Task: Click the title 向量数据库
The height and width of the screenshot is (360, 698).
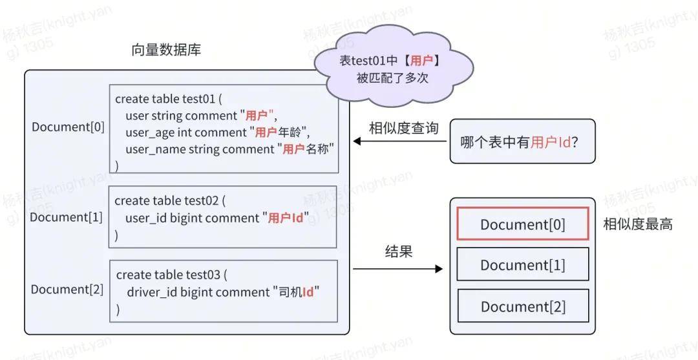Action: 166,50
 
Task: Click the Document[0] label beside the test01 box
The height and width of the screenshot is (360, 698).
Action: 68,127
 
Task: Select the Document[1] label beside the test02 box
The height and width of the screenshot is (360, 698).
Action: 67,217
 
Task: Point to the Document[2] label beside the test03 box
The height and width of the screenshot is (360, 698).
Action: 67,290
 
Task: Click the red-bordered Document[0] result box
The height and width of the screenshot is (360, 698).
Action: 523,224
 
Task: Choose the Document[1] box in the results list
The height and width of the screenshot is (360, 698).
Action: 523,264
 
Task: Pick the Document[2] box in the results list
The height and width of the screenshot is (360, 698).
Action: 523,306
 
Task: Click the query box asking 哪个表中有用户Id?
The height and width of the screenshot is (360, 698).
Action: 523,142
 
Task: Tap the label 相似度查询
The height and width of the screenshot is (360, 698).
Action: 404,128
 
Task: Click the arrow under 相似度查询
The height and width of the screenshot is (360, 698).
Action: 400,142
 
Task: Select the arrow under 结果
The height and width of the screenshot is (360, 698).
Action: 398,269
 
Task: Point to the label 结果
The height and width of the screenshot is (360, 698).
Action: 399,251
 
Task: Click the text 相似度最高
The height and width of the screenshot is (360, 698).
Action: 637,224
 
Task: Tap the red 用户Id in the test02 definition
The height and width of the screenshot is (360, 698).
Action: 286,218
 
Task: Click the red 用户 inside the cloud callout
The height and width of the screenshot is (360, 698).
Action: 421,61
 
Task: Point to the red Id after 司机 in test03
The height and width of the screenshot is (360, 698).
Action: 308,292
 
